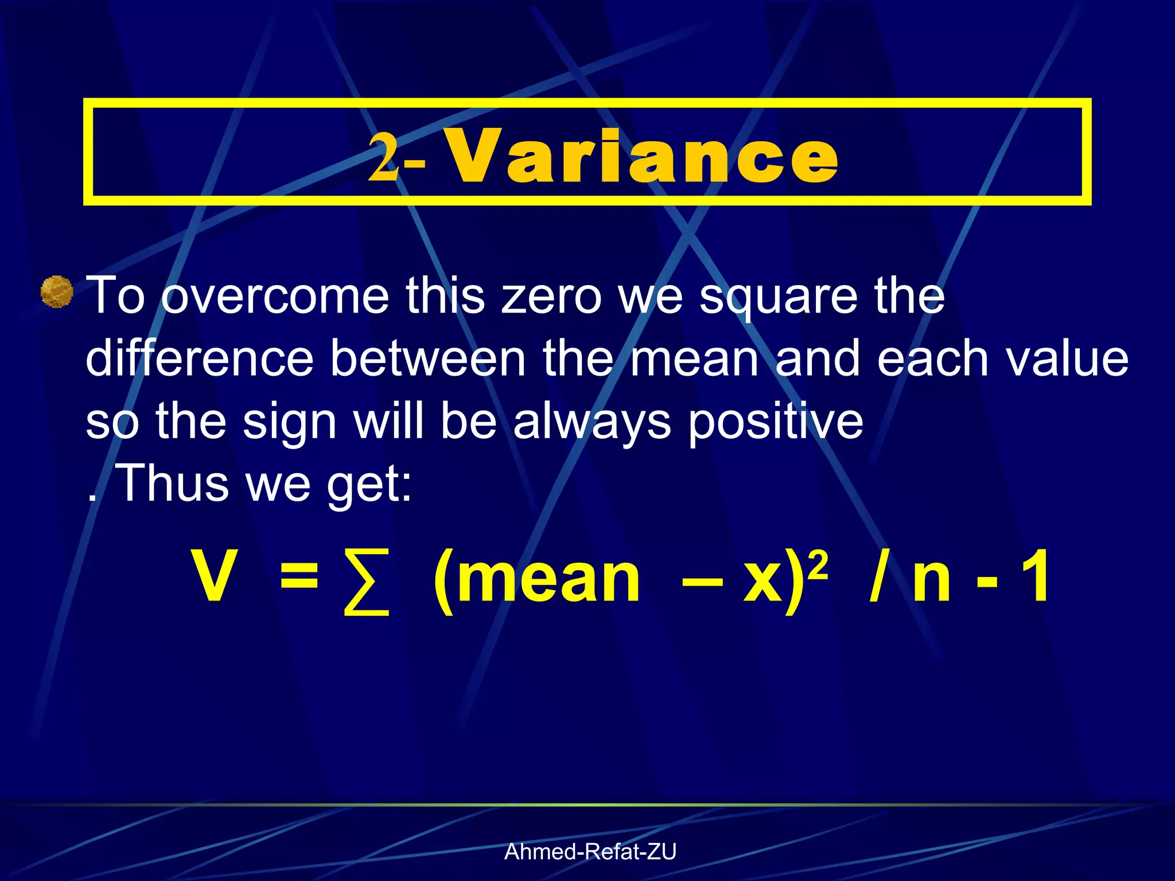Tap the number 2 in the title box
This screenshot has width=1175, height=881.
(x=383, y=156)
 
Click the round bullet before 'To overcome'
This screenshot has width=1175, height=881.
(x=57, y=293)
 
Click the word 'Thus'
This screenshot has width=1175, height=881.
(x=172, y=483)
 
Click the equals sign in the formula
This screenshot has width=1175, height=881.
(x=298, y=576)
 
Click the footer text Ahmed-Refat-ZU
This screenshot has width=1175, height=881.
(x=590, y=852)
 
